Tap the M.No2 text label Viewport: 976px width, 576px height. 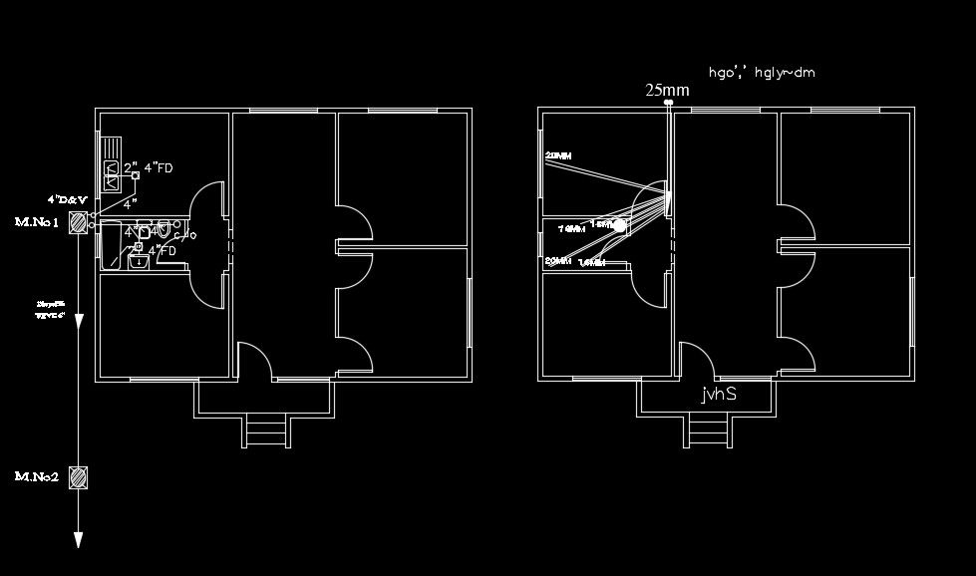tap(37, 477)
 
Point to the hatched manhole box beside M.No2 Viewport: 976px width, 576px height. tap(78, 478)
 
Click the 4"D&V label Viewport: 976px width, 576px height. tap(67, 199)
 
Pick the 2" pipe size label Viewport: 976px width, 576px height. tap(130, 167)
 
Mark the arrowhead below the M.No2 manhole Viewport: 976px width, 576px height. tap(78, 539)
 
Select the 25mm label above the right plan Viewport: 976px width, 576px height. tap(667, 91)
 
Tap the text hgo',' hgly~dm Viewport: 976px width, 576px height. tap(760, 73)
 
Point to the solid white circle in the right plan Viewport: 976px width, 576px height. tap(619, 225)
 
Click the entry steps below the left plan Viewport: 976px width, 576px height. tap(265, 433)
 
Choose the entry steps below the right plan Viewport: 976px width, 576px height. tap(708, 433)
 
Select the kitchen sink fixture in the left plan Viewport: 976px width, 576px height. tap(112, 174)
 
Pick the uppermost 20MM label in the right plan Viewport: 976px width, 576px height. tap(558, 155)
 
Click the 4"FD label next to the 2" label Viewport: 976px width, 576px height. tap(159, 168)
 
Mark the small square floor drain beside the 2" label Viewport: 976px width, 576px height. tap(136, 175)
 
